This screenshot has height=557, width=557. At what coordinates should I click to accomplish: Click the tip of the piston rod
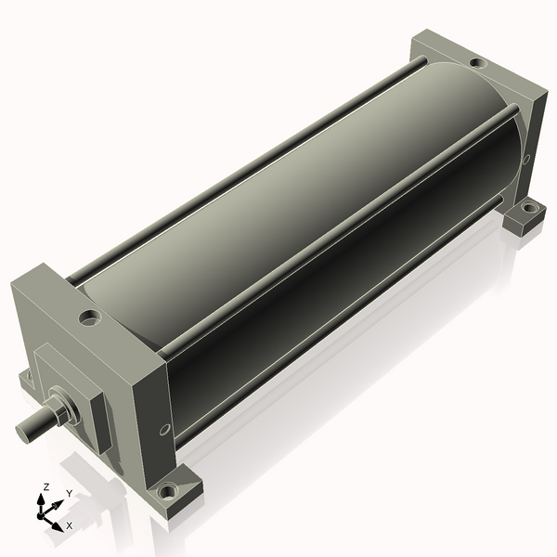pyautogui.click(x=21, y=430)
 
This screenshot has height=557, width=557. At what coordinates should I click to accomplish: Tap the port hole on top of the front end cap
pyautogui.click(x=90, y=317)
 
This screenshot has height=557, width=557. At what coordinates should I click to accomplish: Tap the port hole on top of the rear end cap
pyautogui.click(x=476, y=63)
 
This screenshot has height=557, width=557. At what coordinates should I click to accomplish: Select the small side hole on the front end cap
pyautogui.click(x=164, y=429)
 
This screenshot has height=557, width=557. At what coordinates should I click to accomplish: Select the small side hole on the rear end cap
pyautogui.click(x=526, y=160)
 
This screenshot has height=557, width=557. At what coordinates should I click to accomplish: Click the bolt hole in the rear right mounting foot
pyautogui.click(x=527, y=208)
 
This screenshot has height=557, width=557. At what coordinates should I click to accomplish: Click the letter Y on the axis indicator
pyautogui.click(x=69, y=493)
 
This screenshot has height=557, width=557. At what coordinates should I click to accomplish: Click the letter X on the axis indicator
pyautogui.click(x=69, y=525)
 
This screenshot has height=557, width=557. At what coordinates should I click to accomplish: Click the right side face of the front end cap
pyautogui.click(x=153, y=408)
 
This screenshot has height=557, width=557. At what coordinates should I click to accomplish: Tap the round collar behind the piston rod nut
pyautogui.click(x=74, y=408)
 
